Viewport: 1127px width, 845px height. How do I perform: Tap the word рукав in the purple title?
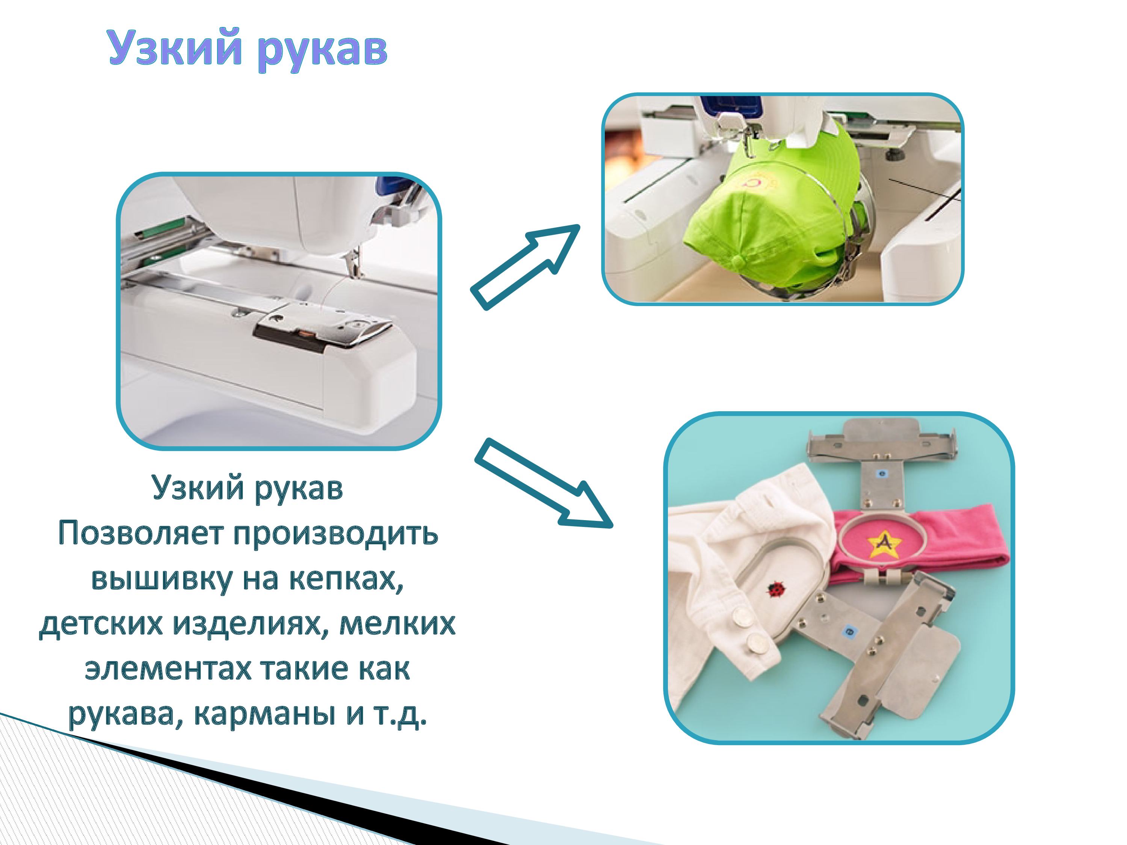coord(322,51)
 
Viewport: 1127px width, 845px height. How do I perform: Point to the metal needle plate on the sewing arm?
coord(321,326)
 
